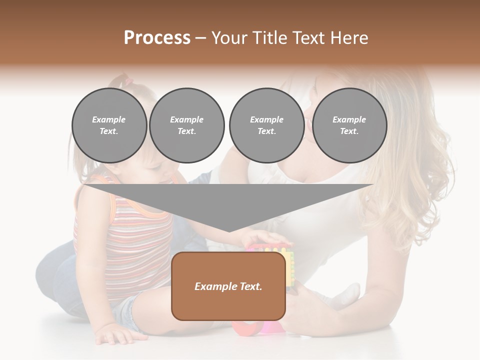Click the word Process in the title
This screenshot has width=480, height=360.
pos(157,38)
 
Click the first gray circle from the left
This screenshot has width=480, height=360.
pos(109,125)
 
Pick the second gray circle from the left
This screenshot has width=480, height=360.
pos(187,125)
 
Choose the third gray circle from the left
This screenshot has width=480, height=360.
pos(266,125)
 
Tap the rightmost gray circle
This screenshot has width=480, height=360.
pos(349,125)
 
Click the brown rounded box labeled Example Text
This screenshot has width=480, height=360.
pos(228,286)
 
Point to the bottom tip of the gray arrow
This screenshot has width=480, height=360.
pos(228,231)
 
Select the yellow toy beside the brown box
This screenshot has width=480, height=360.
pos(289,267)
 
